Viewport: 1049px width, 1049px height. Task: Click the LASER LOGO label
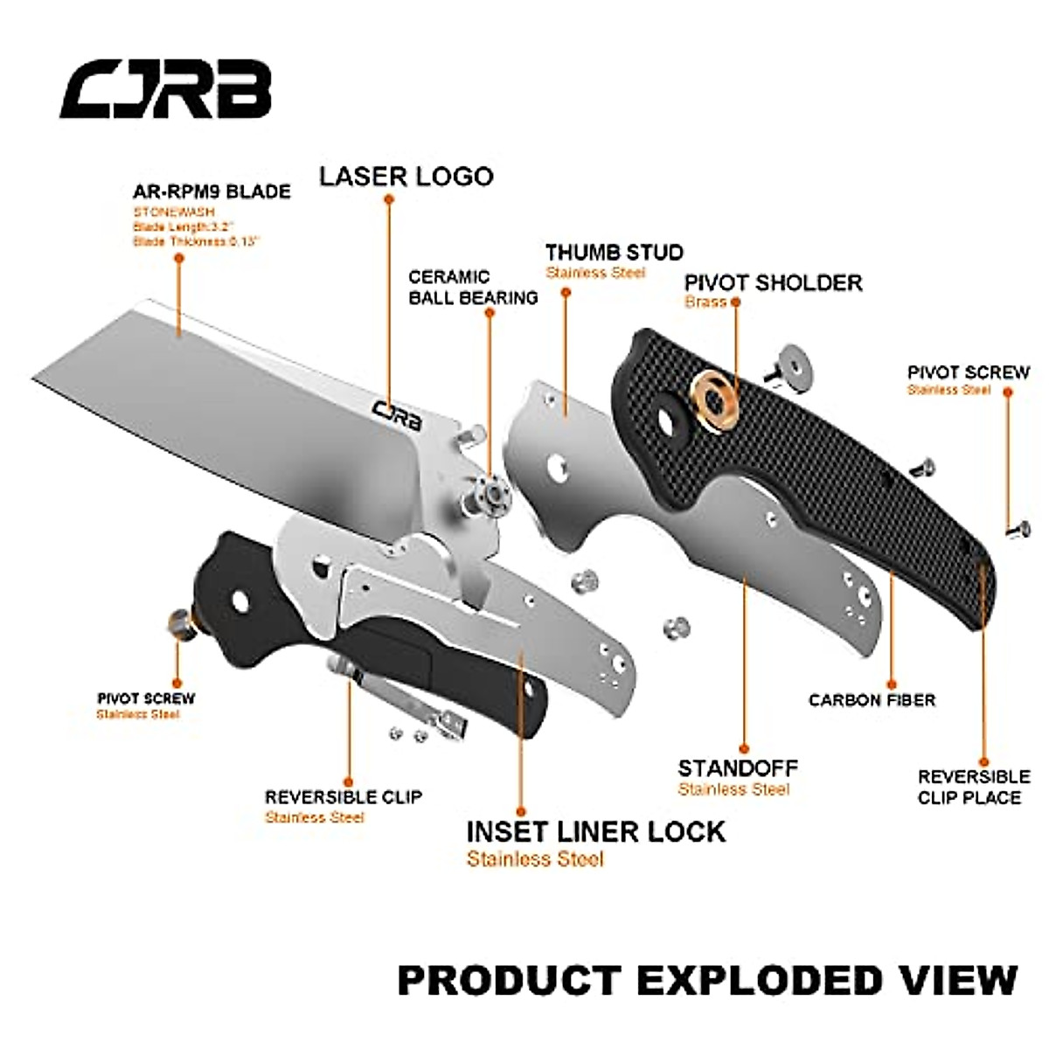(x=406, y=177)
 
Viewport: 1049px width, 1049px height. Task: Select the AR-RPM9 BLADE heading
(x=212, y=191)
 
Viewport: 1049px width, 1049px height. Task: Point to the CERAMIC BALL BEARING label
(x=473, y=288)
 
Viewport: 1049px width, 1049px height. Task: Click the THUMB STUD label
(x=615, y=253)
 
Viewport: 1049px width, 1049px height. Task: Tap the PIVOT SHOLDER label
(x=773, y=282)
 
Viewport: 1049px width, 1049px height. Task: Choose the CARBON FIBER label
(x=872, y=700)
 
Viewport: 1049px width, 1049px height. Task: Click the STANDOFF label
(x=738, y=768)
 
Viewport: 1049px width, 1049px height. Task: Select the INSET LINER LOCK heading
(x=595, y=831)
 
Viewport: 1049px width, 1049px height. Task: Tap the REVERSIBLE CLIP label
(x=344, y=797)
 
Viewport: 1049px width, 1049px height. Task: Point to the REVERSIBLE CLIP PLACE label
(x=973, y=787)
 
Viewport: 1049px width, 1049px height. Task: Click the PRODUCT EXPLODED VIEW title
(x=707, y=981)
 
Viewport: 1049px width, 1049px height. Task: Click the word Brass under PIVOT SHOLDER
(x=705, y=302)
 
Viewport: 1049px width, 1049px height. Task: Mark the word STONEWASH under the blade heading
(x=174, y=212)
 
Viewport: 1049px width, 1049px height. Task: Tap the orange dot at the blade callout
(x=178, y=258)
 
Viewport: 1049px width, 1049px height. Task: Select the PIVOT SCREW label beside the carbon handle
(x=969, y=372)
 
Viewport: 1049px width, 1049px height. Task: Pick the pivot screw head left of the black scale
(x=179, y=622)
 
